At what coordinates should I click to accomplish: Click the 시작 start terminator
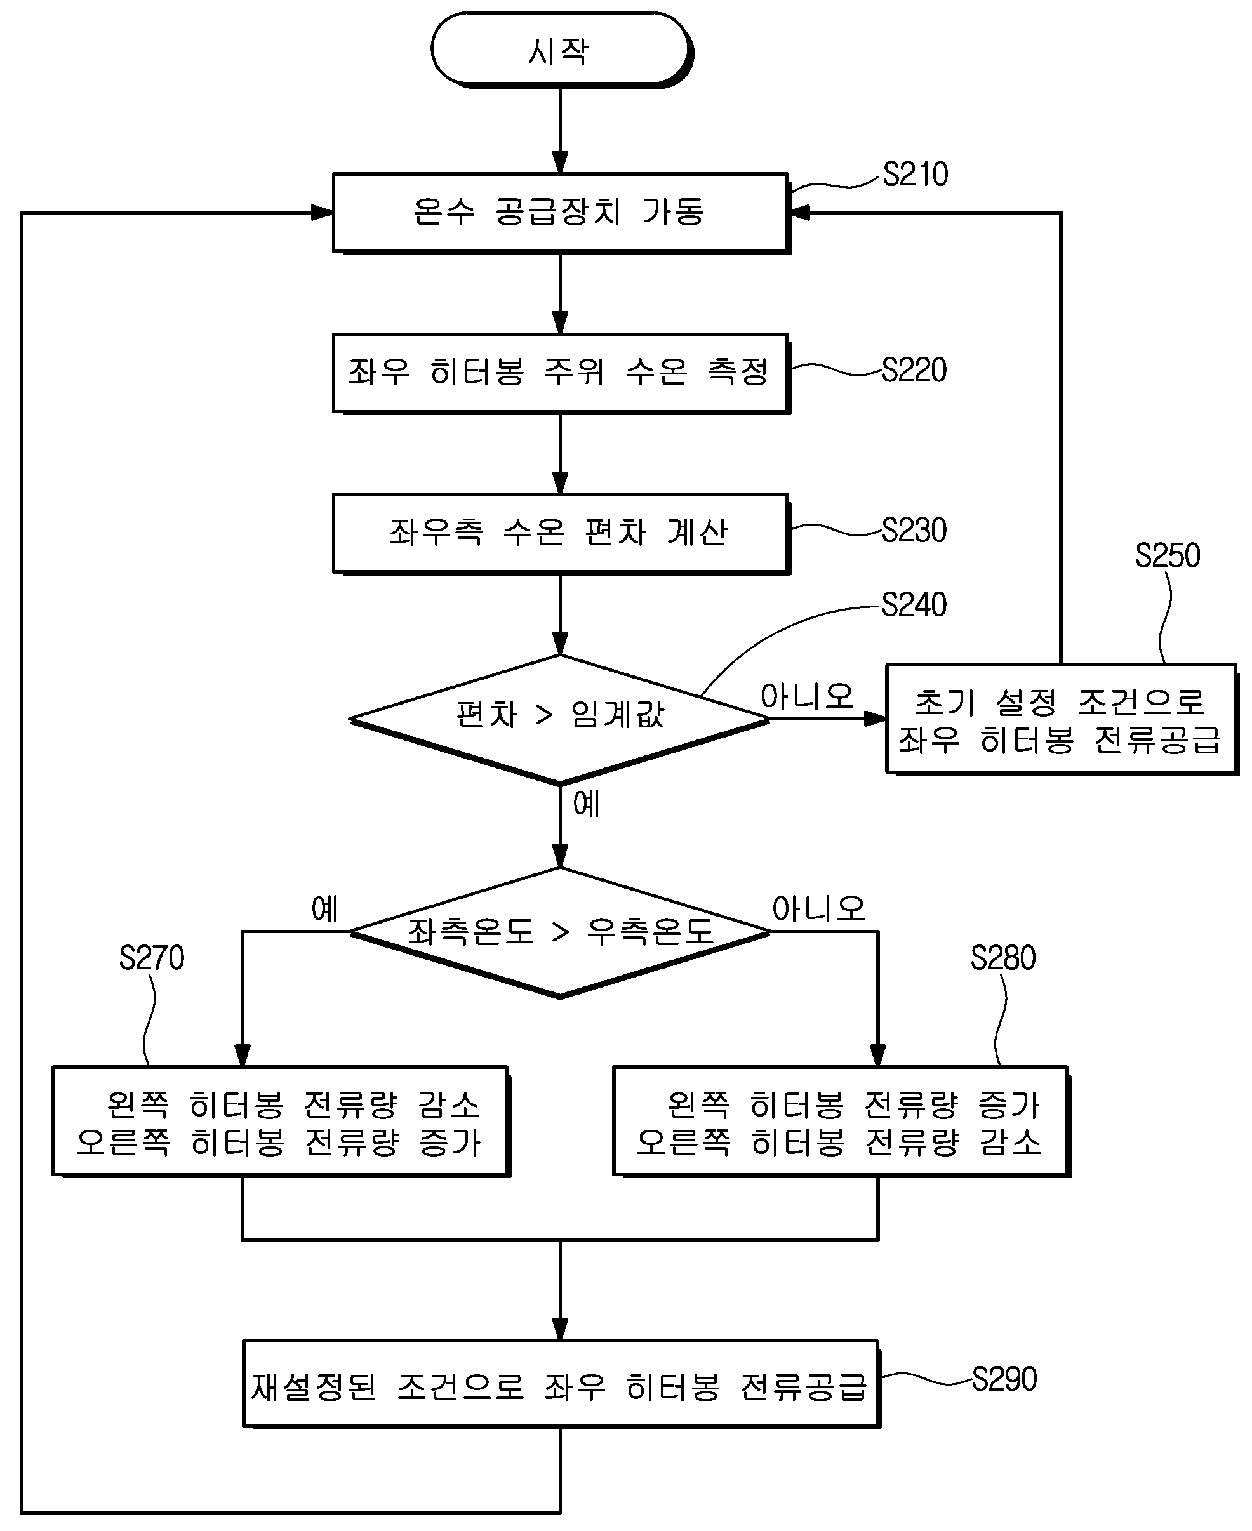(x=561, y=50)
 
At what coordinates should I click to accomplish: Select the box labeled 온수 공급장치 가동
(x=561, y=213)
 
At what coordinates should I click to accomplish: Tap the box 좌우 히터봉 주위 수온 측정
(x=561, y=374)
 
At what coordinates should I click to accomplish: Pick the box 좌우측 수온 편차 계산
(x=561, y=534)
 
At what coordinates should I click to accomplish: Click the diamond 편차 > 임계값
(x=559, y=719)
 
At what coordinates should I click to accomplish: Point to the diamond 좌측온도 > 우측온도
(x=559, y=932)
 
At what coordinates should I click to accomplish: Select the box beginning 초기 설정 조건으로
(x=1062, y=720)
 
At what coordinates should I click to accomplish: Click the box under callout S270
(x=281, y=1122)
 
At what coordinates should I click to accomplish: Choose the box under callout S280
(x=841, y=1122)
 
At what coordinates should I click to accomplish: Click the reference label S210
(x=916, y=175)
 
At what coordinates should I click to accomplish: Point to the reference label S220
(x=914, y=371)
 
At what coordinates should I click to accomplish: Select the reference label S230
(x=914, y=531)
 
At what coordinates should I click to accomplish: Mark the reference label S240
(x=914, y=605)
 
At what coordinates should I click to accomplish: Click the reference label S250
(x=1168, y=556)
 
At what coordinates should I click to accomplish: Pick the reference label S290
(x=1004, y=1379)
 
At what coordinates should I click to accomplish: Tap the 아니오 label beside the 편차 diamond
(x=807, y=696)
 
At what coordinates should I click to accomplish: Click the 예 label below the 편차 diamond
(x=587, y=804)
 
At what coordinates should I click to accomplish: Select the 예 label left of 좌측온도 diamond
(x=324, y=910)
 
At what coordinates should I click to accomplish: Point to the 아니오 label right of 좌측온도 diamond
(x=818, y=910)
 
